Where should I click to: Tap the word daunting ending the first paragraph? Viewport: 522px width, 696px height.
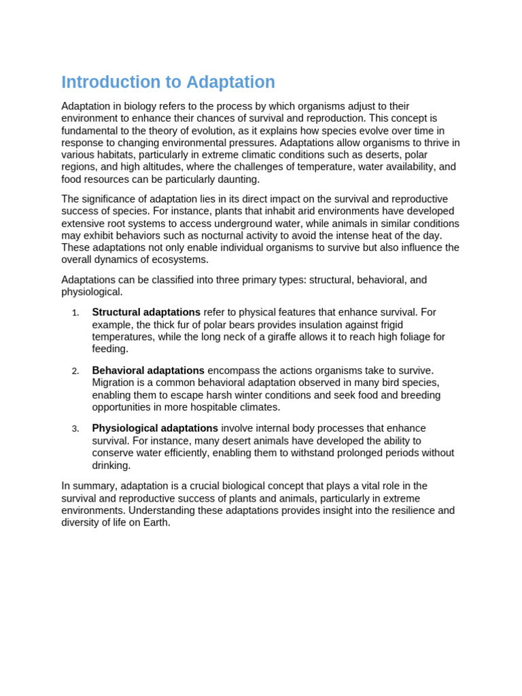pyautogui.click(x=237, y=179)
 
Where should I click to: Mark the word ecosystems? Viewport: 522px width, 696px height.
pyautogui.click(x=181, y=260)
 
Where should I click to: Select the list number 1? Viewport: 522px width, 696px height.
pyautogui.click(x=75, y=313)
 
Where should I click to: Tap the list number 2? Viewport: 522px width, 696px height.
pyautogui.click(x=75, y=371)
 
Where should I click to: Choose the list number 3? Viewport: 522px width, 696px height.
pyautogui.click(x=75, y=429)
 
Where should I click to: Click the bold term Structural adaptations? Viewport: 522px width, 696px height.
pyautogui.click(x=146, y=313)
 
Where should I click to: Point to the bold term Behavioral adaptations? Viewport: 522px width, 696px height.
pyautogui.click(x=148, y=371)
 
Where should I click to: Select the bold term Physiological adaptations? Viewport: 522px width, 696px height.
pyautogui.click(x=155, y=429)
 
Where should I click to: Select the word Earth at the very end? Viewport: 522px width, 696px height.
pyautogui.click(x=156, y=523)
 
